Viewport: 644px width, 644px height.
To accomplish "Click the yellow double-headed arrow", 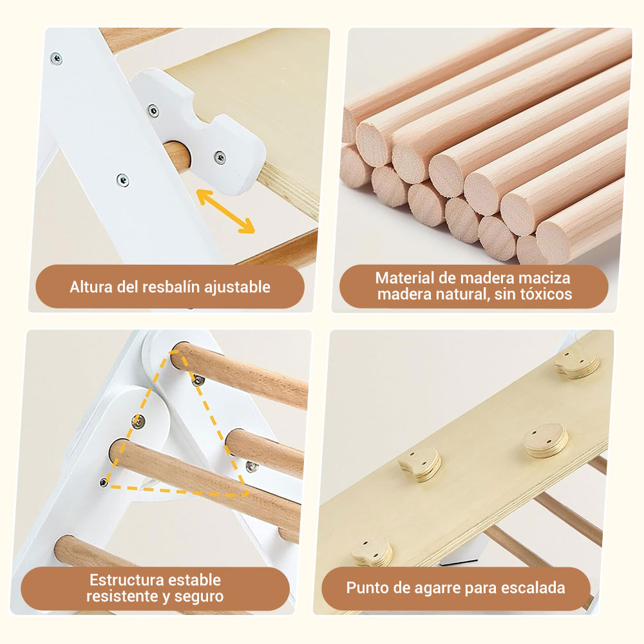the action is click(225, 211).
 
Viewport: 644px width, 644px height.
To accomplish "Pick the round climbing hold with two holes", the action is click(546, 440).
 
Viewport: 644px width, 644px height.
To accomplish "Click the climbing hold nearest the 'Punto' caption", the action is click(372, 551).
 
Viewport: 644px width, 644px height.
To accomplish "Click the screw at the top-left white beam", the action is click(56, 59).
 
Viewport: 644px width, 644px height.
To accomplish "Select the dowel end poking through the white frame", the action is click(177, 155).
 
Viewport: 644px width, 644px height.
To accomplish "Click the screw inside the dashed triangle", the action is click(138, 421).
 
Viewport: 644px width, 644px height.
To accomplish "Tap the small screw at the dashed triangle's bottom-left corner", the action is click(104, 482).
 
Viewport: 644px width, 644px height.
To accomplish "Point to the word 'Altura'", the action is click(91, 287).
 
